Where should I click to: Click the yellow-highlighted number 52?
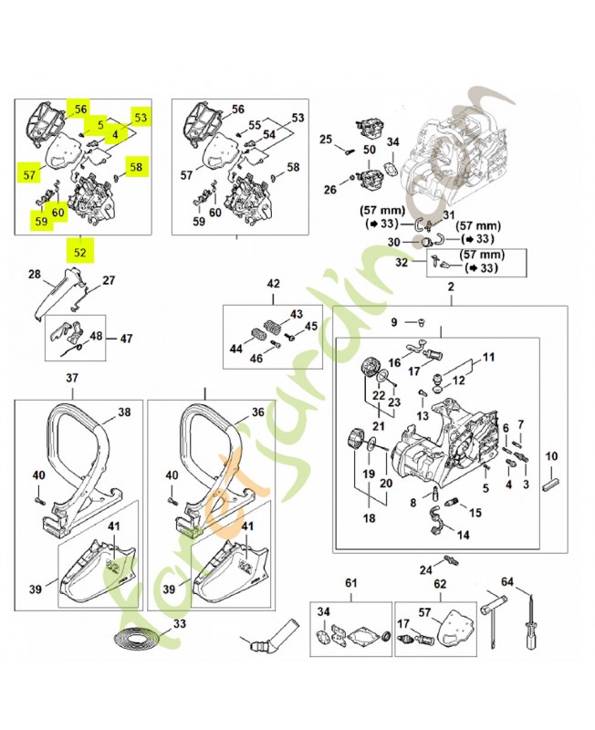(x=80, y=253)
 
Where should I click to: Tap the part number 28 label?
(x=35, y=275)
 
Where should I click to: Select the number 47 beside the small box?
(x=126, y=339)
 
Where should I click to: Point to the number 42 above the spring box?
(x=273, y=284)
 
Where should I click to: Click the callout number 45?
(x=311, y=326)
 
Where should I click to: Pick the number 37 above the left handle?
(x=72, y=378)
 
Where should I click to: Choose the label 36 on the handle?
(x=258, y=412)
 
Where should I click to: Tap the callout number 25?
(x=326, y=139)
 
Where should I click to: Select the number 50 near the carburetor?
(x=370, y=150)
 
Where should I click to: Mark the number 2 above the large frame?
(x=451, y=287)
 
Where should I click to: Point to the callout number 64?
(x=507, y=582)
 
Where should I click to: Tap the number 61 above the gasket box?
(x=350, y=582)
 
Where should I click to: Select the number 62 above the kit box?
(x=440, y=584)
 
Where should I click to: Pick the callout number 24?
(x=426, y=568)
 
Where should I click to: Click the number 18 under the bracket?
(x=370, y=518)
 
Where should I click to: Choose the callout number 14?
(x=464, y=535)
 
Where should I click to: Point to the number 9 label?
(x=394, y=322)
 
